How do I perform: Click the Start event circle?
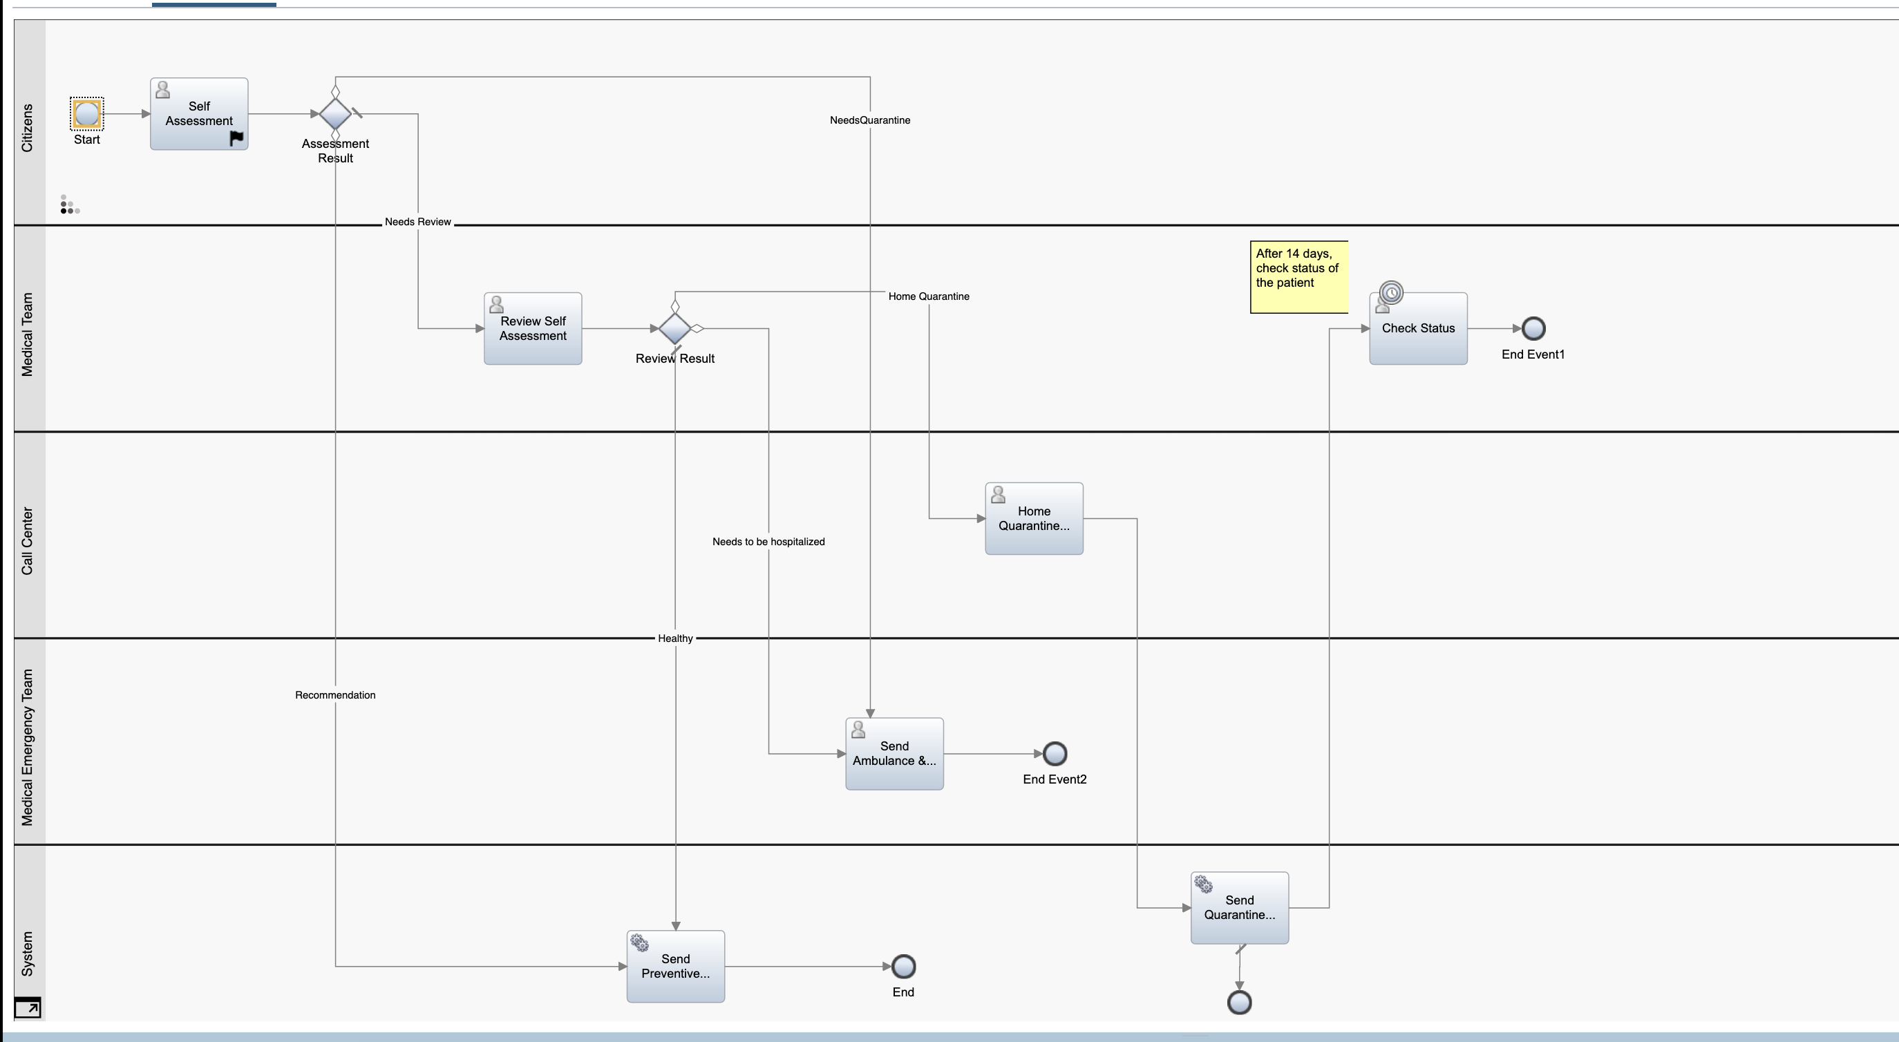tap(87, 113)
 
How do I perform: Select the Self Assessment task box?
tap(199, 113)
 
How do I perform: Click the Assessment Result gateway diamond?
tap(335, 113)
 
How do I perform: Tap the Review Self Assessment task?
tap(533, 328)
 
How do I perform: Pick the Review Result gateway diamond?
tap(675, 328)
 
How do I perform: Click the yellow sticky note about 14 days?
tap(1299, 276)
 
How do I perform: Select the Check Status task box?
tap(1418, 329)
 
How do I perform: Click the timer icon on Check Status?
tap(1391, 292)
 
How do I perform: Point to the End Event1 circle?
tap(1533, 328)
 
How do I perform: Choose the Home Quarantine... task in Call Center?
tap(1034, 519)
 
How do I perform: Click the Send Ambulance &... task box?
tap(894, 754)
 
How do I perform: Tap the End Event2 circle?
tap(1055, 754)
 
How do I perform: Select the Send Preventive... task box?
tap(676, 966)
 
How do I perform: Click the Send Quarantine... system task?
tap(1240, 908)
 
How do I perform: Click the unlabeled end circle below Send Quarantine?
tap(1239, 1002)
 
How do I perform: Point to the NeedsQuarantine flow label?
tap(870, 120)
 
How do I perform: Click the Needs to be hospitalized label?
tap(768, 542)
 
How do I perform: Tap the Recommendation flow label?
tap(335, 695)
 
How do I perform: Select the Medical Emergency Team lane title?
tap(27, 747)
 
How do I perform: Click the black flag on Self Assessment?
tap(236, 138)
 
